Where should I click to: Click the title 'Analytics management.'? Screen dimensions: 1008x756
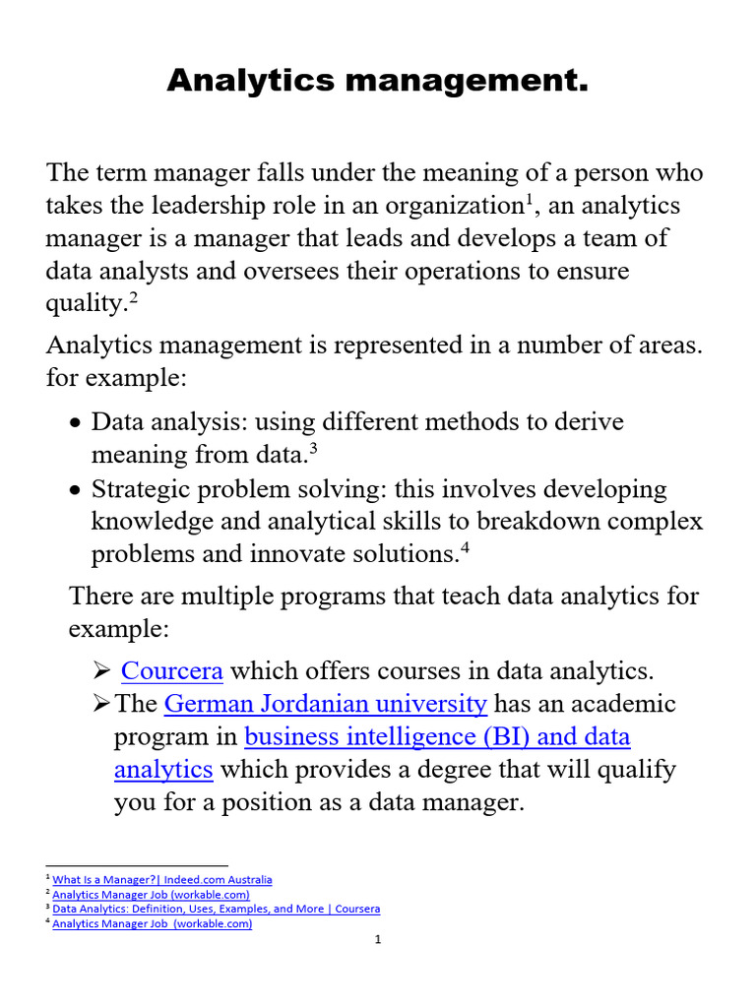point(377,81)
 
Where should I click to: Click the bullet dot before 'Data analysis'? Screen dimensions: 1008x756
point(77,423)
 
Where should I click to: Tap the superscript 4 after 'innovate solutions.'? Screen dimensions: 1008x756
point(466,547)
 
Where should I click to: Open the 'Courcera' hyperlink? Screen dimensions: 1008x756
point(172,671)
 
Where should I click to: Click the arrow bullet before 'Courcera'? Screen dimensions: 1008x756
point(100,671)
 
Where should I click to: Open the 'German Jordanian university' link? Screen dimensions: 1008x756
point(325,704)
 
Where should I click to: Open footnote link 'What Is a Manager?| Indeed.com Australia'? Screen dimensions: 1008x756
point(162,879)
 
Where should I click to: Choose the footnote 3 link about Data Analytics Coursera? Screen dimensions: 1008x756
point(216,909)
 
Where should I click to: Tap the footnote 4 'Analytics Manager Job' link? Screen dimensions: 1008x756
point(153,923)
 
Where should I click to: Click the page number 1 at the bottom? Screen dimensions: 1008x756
point(377,940)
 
